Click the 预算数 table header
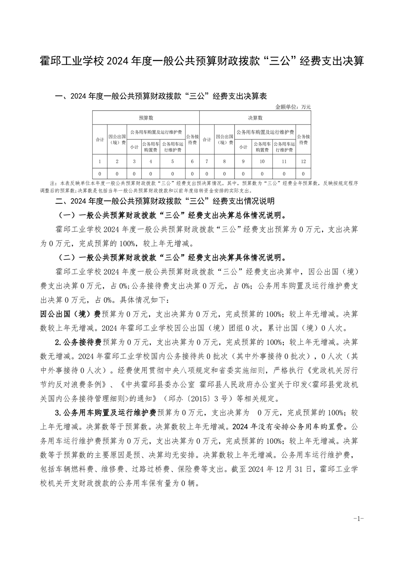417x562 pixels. pyautogui.click(x=146, y=118)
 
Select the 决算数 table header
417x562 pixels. pyautogui.click(x=255, y=118)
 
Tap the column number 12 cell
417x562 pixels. pyautogui.click(x=303, y=161)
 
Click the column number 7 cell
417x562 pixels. pyautogui.click(x=207, y=161)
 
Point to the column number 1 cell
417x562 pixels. pyautogui.click(x=100, y=161)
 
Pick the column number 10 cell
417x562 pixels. pyautogui.click(x=262, y=161)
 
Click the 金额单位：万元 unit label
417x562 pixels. pyautogui.click(x=293, y=107)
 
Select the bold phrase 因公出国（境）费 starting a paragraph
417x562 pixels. pyautogui.click(x=70, y=314)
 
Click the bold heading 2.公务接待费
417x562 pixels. pyautogui.click(x=78, y=342)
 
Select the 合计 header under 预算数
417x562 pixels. pyautogui.click(x=100, y=140)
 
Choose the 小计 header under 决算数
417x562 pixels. pyautogui.click(x=243, y=147)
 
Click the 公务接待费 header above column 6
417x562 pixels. pyautogui.click(x=192, y=140)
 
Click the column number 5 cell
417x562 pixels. pyautogui.click(x=172, y=161)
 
